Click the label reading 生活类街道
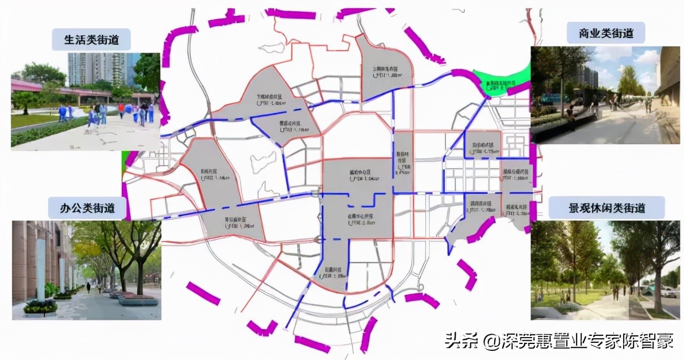[x=91, y=40]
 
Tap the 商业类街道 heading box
[x=605, y=33]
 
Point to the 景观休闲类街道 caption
[x=607, y=207]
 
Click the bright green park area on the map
[x=502, y=83]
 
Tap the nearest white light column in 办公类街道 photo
[x=41, y=270]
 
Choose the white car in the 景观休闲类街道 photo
[x=668, y=293]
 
